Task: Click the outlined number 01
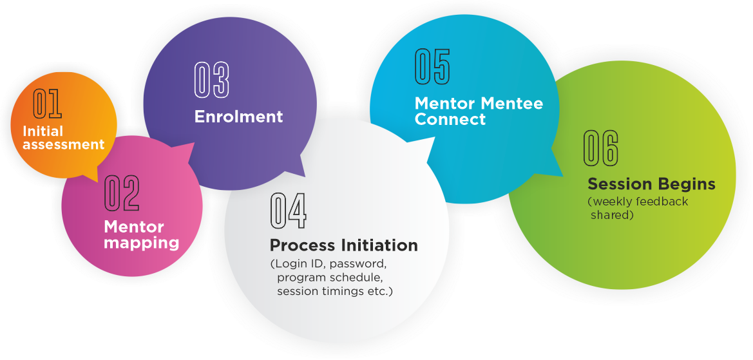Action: coord(47,104)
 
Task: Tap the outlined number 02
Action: coord(122,193)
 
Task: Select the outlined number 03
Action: coord(212,80)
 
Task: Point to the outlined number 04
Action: coord(288,211)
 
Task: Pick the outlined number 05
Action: coord(432,66)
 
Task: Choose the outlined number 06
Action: coord(601,148)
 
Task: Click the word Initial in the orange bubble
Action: coord(43,131)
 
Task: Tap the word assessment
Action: coord(63,144)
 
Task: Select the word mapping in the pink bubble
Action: coord(142,243)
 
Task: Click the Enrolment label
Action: coord(239,117)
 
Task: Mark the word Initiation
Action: coord(380,245)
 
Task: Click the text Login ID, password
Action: coord(328,264)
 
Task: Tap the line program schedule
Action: coord(330,278)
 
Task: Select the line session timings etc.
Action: coord(335,291)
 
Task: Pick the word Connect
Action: coord(450,119)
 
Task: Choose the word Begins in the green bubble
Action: coord(687,184)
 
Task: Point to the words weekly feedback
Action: coord(640,202)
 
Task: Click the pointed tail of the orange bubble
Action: coord(97,181)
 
